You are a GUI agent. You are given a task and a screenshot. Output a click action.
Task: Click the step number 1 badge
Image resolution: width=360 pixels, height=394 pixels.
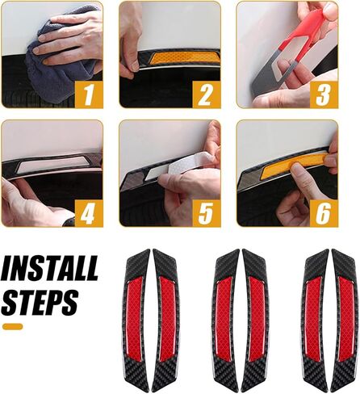pos(89,94)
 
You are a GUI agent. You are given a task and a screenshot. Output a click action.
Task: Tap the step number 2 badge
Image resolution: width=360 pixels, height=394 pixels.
pos(207,94)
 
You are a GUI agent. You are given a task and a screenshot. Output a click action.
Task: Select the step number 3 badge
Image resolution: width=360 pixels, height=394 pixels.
pos(324,94)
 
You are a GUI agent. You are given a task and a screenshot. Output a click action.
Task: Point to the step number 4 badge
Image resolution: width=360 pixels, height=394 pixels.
pos(89,213)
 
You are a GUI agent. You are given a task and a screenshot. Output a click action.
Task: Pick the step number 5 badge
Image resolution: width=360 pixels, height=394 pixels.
pos(207,213)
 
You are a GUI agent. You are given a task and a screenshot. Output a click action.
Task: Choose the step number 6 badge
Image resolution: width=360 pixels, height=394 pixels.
pos(324,213)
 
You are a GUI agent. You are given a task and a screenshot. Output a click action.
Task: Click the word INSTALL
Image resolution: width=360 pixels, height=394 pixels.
pos(50,268)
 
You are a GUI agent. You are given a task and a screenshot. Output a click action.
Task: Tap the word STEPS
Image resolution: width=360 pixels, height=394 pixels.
pos(40,302)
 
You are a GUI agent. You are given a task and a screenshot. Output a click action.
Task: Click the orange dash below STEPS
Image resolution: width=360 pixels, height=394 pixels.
pos(13,327)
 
